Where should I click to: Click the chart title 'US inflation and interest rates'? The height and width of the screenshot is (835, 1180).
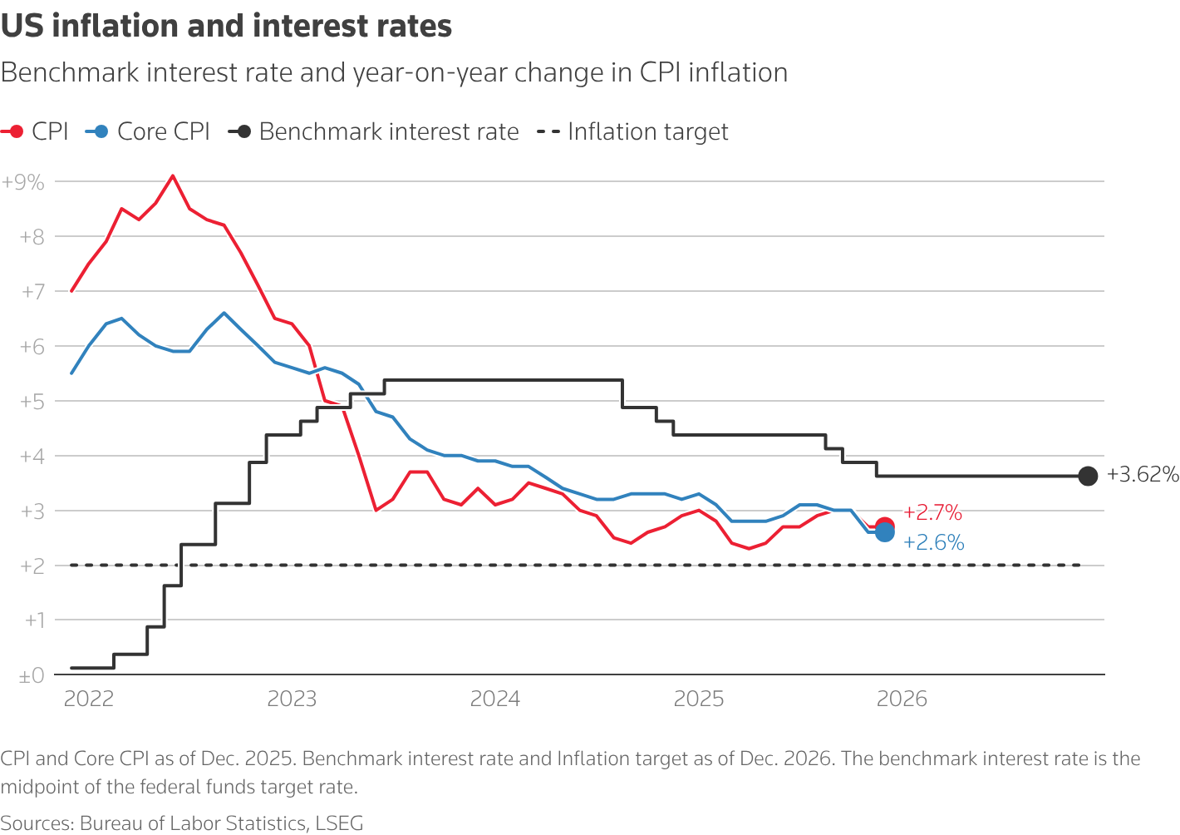point(226,27)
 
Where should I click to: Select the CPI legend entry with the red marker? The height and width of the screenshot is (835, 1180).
point(35,131)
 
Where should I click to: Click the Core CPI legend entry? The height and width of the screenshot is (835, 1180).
point(148,131)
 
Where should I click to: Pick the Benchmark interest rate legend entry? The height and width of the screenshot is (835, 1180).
point(374,131)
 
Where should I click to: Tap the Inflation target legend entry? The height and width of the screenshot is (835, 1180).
point(633,131)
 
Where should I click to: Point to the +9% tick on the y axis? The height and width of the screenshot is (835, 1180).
point(23,181)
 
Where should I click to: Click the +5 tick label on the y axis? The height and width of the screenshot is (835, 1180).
point(32,402)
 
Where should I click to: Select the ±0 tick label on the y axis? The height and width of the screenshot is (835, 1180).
point(32,676)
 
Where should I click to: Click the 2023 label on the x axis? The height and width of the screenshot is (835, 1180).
point(292,699)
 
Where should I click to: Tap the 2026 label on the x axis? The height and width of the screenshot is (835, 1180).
point(902,699)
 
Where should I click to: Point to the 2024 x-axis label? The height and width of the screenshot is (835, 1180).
point(495,699)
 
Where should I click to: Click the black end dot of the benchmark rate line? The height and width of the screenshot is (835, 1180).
point(1088,476)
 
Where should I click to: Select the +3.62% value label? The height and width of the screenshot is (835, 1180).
point(1143,475)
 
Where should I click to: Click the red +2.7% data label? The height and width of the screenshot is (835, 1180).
point(932,512)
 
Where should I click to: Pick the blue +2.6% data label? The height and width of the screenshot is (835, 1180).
point(933,543)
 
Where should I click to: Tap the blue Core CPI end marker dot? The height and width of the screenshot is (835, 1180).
point(885,532)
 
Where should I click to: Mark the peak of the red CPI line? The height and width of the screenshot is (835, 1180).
point(173,175)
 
